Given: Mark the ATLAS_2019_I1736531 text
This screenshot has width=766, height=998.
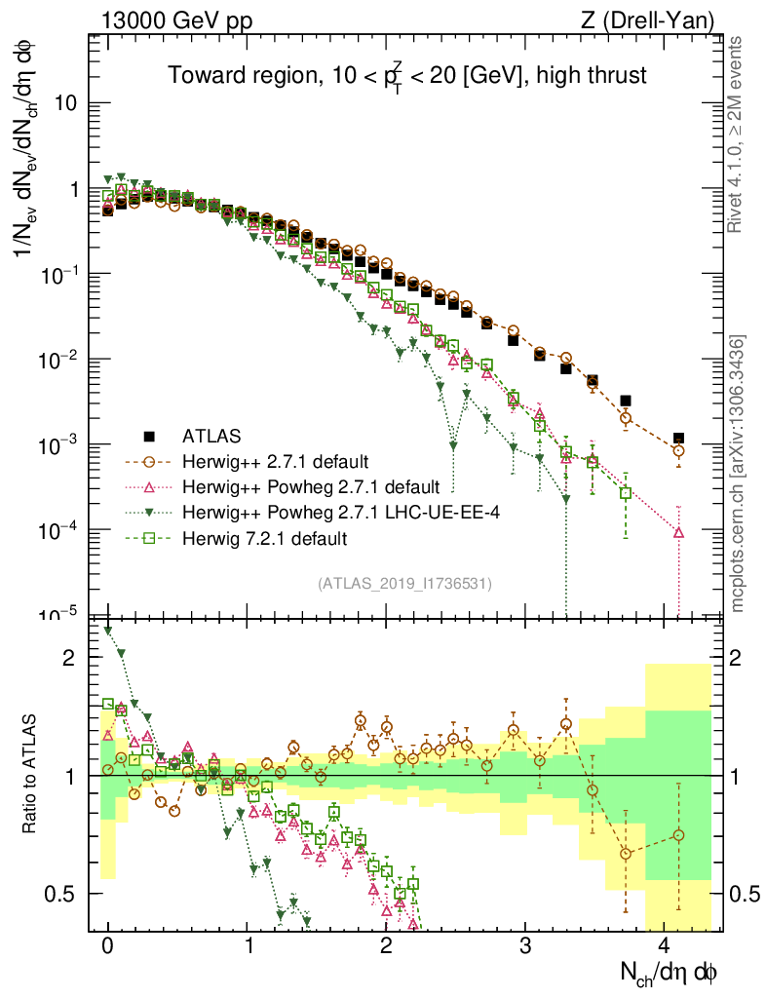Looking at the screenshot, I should tap(404, 584).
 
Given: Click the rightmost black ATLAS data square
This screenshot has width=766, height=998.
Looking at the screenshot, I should tap(678, 439).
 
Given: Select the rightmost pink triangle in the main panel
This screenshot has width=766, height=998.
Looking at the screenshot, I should tap(678, 532).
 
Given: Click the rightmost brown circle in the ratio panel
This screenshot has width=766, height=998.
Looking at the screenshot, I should tap(678, 835).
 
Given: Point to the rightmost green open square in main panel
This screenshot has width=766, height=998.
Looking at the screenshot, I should tap(627, 493).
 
